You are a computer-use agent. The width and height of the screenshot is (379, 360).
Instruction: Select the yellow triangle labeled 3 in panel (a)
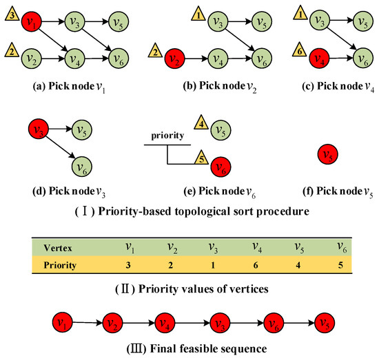pos(10,20)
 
